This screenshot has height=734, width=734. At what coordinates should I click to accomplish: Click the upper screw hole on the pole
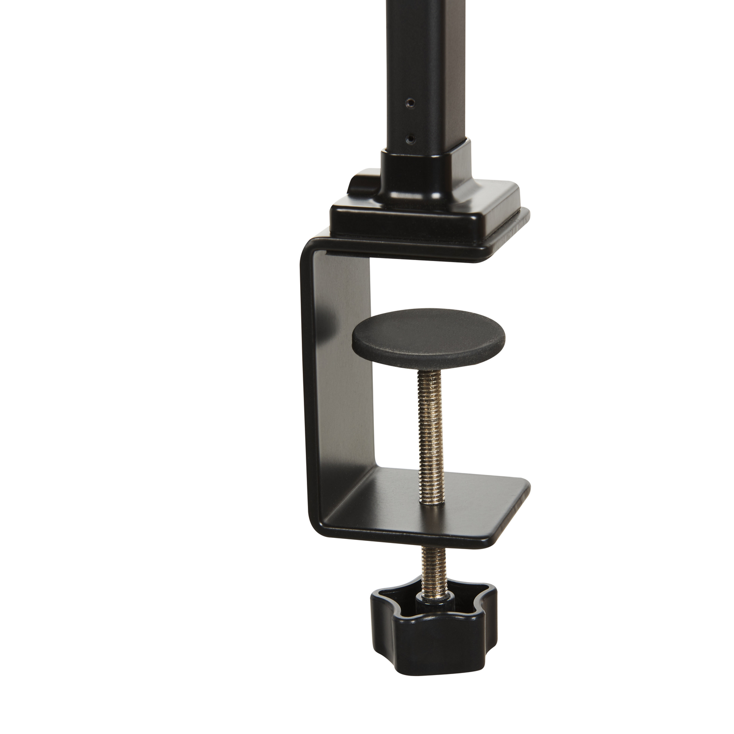tap(410, 103)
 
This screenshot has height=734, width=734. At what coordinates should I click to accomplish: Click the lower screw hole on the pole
tap(410, 138)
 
